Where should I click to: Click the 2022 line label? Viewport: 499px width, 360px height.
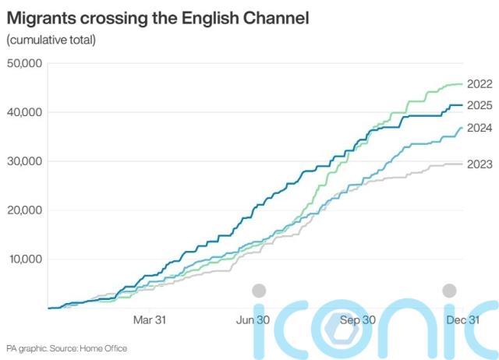tap(481, 84)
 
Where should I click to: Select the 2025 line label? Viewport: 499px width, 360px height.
tap(481, 105)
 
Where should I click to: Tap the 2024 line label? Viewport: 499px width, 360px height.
tap(481, 128)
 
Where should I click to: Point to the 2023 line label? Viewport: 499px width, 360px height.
tap(481, 164)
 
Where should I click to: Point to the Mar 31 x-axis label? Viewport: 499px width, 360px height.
tap(150, 319)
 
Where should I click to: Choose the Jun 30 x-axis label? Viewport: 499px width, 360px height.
tap(253, 319)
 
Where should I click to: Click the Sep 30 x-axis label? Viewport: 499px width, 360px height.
tap(359, 319)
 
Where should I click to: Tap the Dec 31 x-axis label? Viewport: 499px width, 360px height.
tap(462, 319)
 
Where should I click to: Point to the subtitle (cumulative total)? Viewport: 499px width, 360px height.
tap(51, 40)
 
